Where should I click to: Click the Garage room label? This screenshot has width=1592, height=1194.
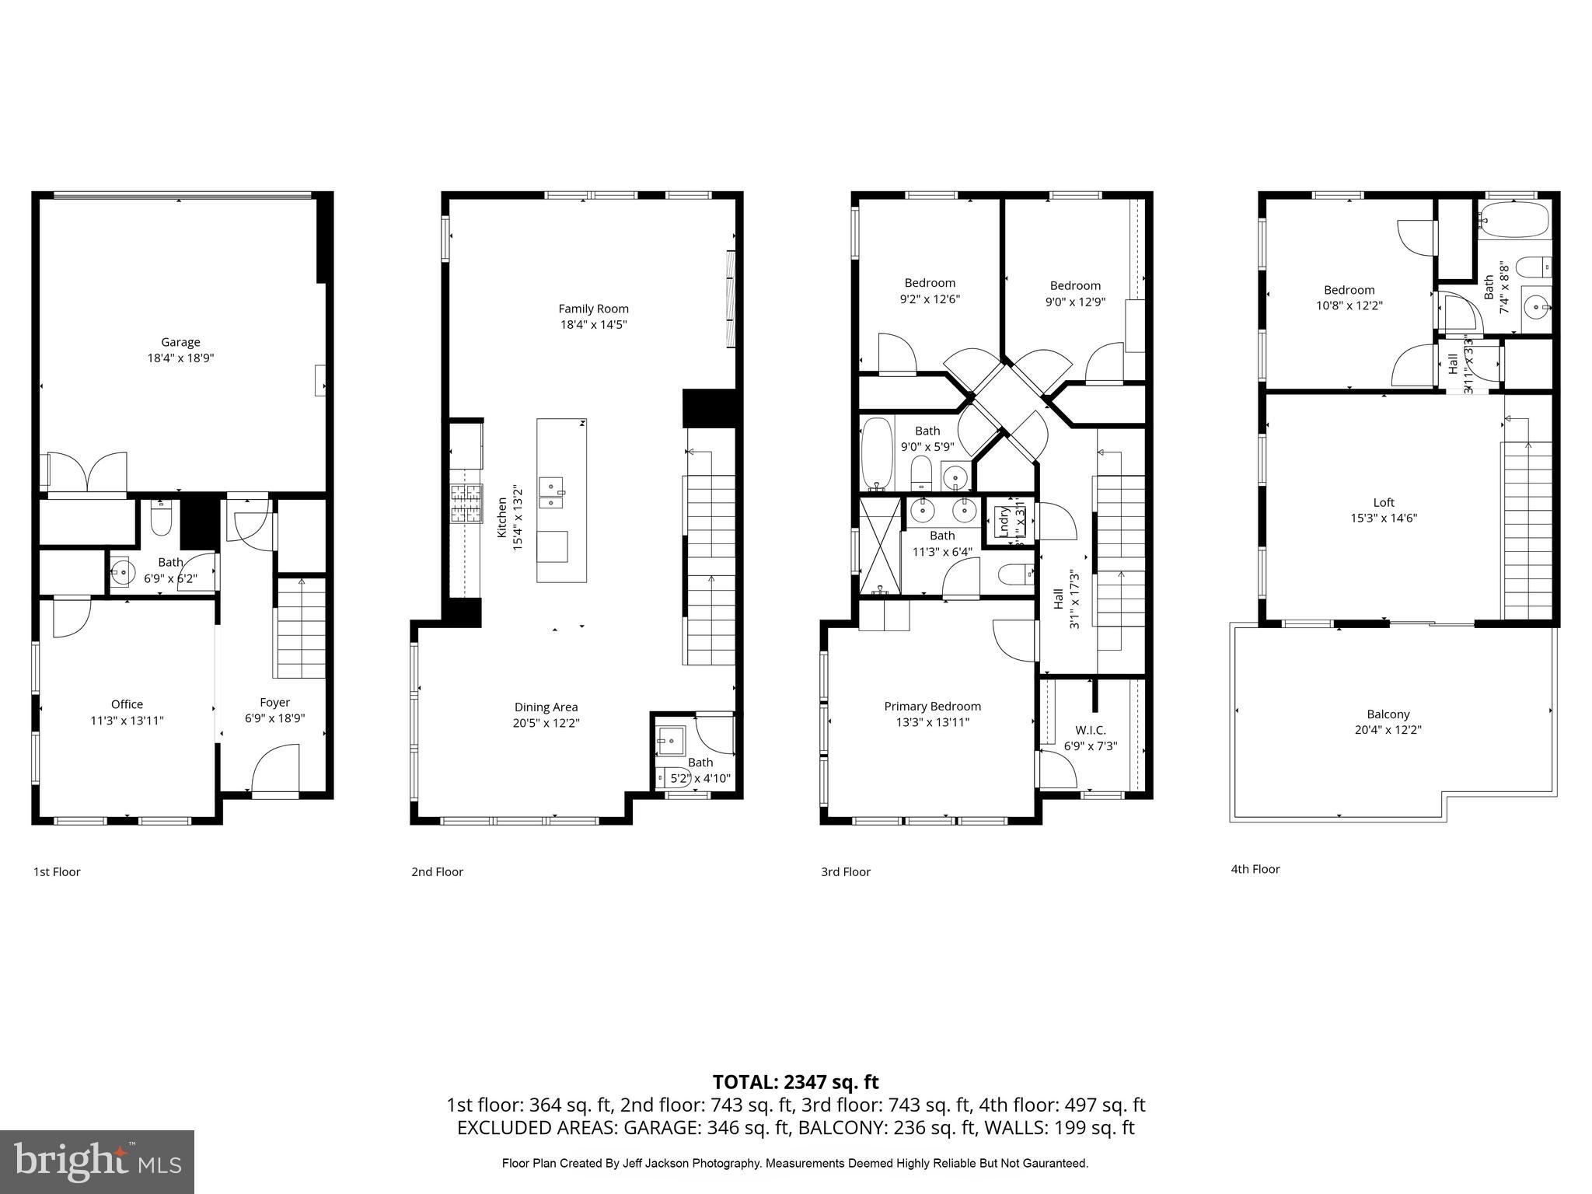click(180, 342)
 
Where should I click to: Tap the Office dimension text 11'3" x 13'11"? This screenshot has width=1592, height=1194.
click(127, 721)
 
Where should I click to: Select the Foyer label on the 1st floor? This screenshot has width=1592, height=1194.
click(274, 702)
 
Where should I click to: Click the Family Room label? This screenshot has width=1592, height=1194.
click(593, 309)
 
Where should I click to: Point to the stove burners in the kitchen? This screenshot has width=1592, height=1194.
click(466, 503)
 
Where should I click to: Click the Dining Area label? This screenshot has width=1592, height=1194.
click(546, 707)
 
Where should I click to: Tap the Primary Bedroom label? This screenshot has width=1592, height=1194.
click(932, 706)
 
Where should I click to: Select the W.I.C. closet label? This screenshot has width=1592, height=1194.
click(1090, 730)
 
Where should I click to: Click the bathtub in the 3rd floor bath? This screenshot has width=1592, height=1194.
click(878, 454)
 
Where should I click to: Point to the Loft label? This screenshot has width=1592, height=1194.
click(1383, 502)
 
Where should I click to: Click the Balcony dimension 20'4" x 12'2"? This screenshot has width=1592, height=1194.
click(1388, 730)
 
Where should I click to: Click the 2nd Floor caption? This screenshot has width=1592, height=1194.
click(437, 871)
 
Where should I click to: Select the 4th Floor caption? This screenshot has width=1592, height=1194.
click(1255, 869)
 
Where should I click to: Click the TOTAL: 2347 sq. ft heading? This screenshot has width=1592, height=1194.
click(795, 1082)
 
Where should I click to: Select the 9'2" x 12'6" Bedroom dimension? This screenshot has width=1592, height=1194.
click(930, 298)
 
